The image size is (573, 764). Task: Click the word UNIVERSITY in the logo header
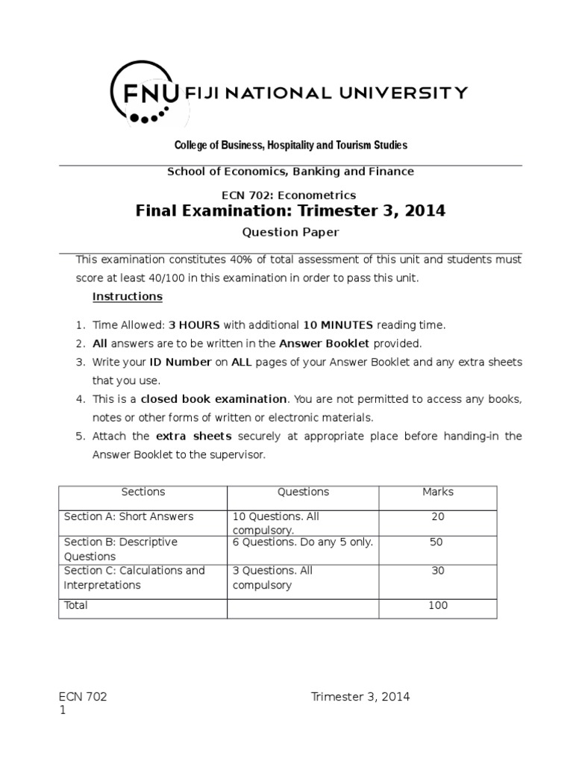(x=411, y=93)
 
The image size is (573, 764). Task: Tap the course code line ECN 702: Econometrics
(x=290, y=195)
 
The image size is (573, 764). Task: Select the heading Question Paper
(x=290, y=232)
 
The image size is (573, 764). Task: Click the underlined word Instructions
(x=127, y=296)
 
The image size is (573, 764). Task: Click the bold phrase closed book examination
(x=213, y=399)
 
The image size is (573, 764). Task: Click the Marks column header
(x=437, y=492)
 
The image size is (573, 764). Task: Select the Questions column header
(x=303, y=492)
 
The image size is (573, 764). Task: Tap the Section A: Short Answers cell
(x=128, y=516)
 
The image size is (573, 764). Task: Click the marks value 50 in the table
(x=436, y=542)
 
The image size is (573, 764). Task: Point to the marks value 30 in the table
(x=437, y=571)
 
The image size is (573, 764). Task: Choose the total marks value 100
(x=437, y=605)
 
